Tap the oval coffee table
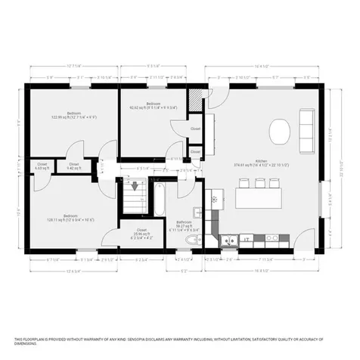point(279,134)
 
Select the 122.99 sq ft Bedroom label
point(66,115)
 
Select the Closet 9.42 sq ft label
point(73,166)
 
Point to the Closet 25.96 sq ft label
point(142,231)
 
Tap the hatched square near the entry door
point(197,100)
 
